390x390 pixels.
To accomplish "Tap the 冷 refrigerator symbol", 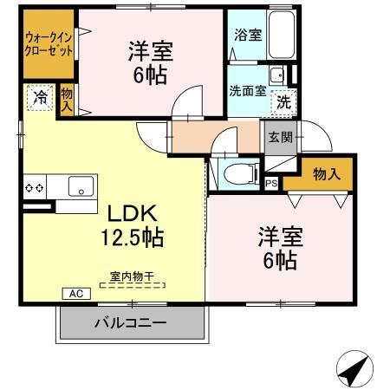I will pos(39,98).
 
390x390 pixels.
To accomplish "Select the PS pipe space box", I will pos(271,183).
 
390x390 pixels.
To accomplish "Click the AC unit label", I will pos(75,294).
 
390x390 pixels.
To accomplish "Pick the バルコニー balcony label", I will pos(129,324).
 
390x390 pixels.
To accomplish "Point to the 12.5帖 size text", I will pos(131,237).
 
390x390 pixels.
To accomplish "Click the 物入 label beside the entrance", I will pos(325,174).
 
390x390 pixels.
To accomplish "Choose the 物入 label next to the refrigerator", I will pos(66,100).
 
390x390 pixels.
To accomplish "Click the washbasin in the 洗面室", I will pos(276,75).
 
